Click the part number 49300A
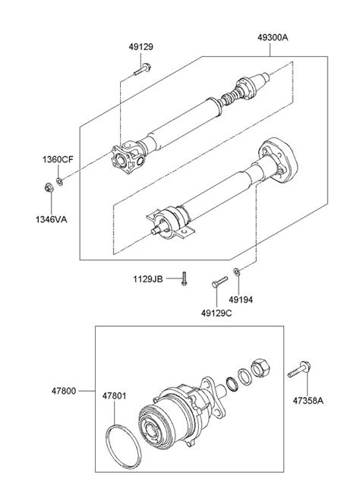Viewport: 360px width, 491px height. (273, 38)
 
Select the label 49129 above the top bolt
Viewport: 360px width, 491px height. (141, 47)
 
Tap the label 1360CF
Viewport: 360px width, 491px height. (58, 159)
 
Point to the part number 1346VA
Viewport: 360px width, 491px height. (52, 219)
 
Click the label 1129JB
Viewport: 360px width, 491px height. (148, 279)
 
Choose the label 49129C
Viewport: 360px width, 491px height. (216, 313)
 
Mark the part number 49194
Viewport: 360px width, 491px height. (241, 300)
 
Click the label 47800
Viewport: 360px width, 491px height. (64, 391)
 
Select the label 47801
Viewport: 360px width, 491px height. (115, 396)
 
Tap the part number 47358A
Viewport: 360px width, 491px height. (308, 401)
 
